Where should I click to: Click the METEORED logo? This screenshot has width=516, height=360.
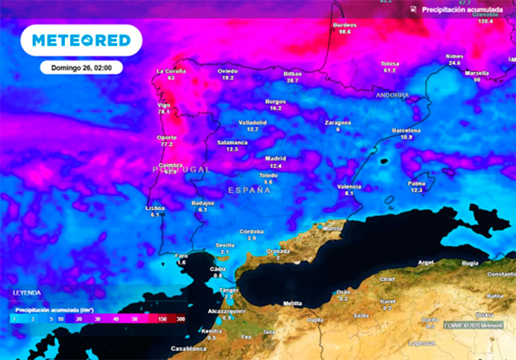[81, 40]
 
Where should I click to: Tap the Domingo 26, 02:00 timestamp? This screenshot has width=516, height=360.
[81, 67]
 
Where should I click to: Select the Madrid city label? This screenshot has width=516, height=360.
[275, 158]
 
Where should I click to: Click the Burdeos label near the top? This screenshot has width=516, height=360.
[345, 25]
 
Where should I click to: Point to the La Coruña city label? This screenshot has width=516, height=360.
[171, 71]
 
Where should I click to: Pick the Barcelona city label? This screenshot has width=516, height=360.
[406, 130]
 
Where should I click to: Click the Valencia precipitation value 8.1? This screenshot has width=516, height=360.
[349, 193]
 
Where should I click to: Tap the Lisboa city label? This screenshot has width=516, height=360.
[155, 208]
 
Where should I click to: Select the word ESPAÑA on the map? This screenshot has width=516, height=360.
[249, 190]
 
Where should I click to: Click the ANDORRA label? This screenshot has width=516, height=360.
[392, 95]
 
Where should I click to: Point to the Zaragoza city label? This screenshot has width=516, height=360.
[337, 122]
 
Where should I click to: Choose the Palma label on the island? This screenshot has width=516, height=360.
[416, 183]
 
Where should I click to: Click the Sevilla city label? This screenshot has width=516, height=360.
[225, 245]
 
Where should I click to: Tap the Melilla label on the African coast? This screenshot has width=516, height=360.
[292, 303]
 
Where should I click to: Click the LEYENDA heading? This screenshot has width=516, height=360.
[27, 293]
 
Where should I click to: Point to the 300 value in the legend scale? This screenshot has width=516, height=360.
[180, 319]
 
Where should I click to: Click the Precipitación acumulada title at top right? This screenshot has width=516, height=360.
[457, 10]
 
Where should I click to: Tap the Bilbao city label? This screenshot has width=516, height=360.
[292, 73]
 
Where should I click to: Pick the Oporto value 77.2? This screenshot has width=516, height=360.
[167, 145]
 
